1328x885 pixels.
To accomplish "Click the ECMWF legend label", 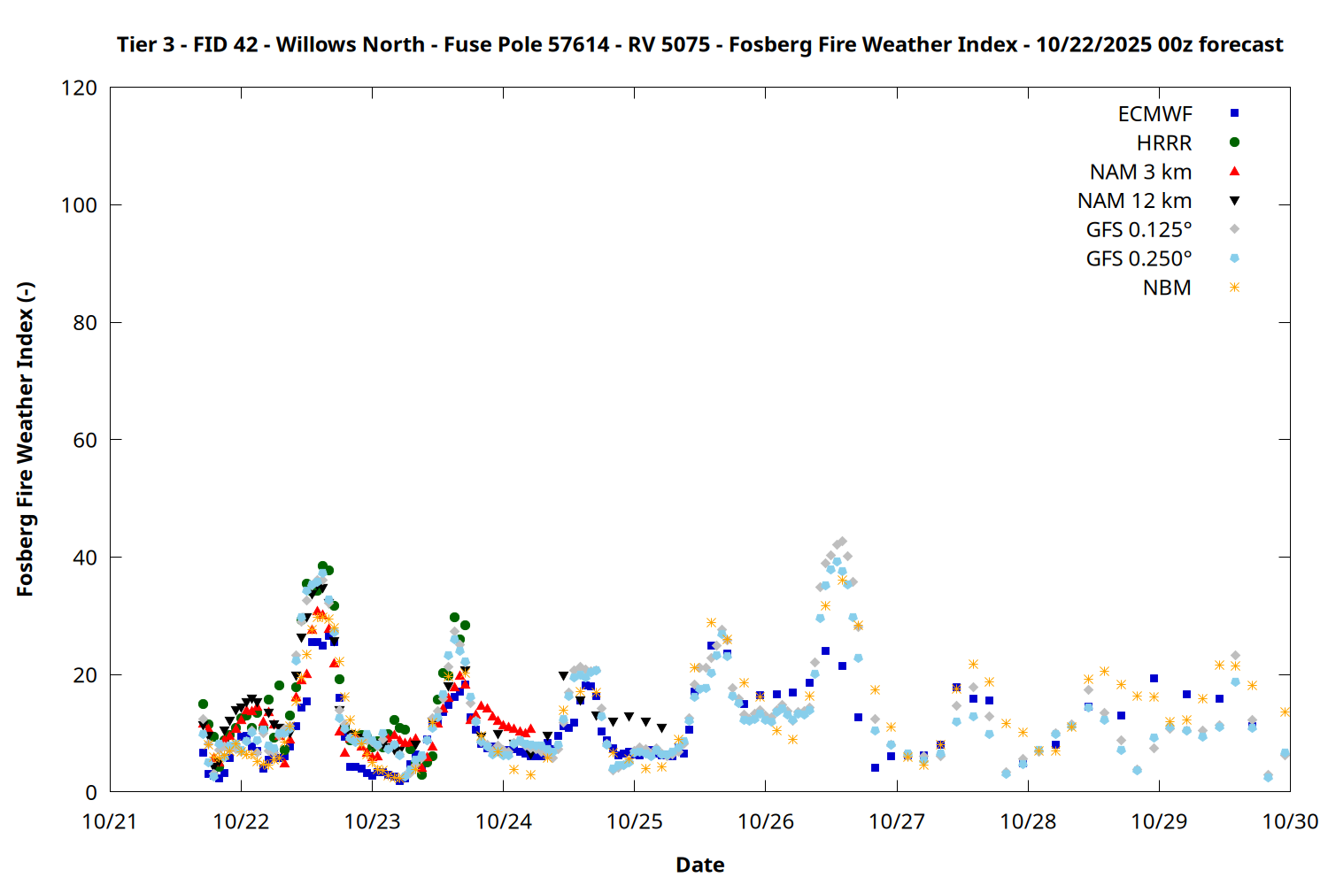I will click(x=1154, y=114).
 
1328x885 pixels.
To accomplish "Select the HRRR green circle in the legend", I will click(x=1234, y=142).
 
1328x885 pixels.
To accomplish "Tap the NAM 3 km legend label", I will click(x=1140, y=172).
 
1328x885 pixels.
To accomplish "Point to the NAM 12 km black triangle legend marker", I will click(x=1234, y=201).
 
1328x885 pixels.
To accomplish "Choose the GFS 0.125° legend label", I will click(x=1139, y=230).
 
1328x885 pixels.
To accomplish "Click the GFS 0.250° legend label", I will click(x=1139, y=259).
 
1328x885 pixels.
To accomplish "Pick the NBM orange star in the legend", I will click(x=1234, y=288).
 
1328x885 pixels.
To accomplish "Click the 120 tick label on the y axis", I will click(x=80, y=88).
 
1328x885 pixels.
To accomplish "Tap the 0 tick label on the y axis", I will click(x=91, y=792).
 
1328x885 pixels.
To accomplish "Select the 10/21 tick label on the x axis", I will click(x=110, y=821).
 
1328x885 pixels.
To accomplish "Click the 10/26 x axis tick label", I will click(x=766, y=821).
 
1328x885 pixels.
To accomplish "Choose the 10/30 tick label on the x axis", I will click(x=1290, y=821).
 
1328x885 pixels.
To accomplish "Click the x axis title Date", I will click(x=699, y=865).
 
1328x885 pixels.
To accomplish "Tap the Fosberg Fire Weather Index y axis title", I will click(x=25, y=440).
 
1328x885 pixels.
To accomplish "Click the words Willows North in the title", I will click(x=350, y=44).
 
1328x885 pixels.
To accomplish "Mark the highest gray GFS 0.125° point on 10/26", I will click(x=842, y=542).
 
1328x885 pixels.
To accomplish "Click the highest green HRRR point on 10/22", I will click(x=323, y=566).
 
